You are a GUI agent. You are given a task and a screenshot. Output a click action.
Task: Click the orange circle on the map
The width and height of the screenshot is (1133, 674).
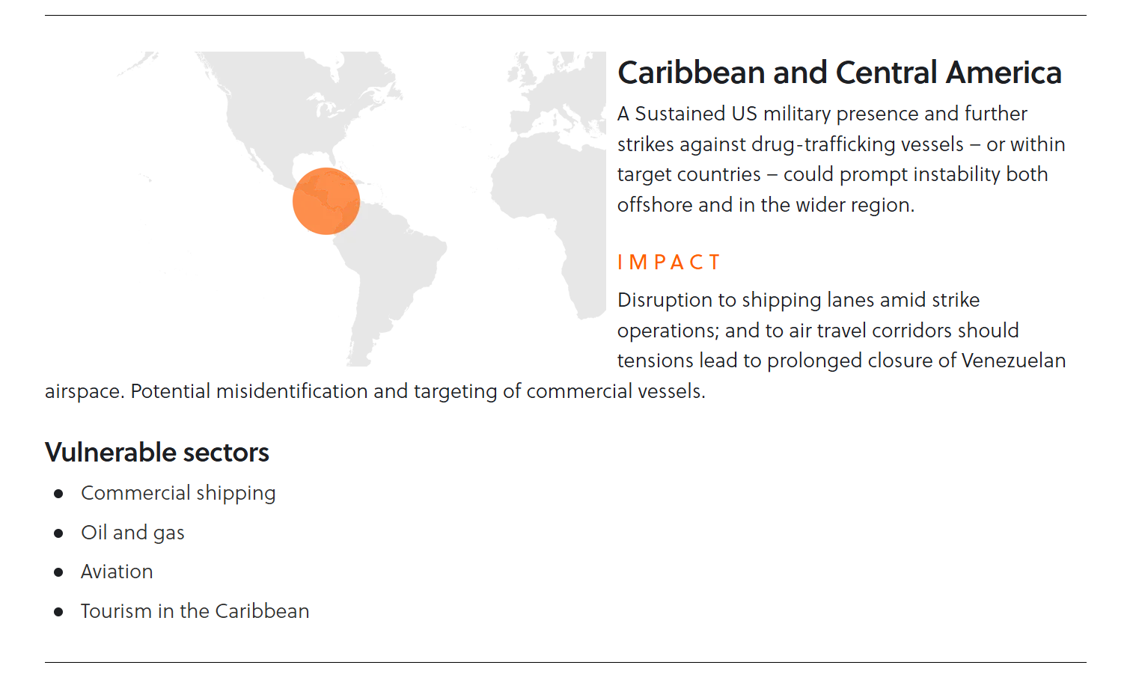pyautogui.click(x=326, y=201)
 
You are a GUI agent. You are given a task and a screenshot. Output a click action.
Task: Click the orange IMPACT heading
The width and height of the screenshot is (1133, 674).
pyautogui.click(x=669, y=263)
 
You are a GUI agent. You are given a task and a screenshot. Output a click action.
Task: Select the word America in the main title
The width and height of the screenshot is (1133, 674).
pyautogui.click(x=1004, y=73)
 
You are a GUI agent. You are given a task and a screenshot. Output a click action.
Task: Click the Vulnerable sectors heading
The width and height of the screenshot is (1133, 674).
pyautogui.click(x=157, y=452)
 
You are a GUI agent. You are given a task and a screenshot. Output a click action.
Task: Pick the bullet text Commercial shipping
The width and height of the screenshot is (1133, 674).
pyautogui.click(x=178, y=494)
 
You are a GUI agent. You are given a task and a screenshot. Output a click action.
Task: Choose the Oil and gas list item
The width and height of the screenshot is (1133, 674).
pyautogui.click(x=132, y=533)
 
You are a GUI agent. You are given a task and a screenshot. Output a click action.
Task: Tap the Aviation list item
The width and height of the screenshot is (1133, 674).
pyautogui.click(x=117, y=572)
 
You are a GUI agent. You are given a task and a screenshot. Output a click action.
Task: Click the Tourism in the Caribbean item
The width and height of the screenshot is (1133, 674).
pyautogui.click(x=195, y=611)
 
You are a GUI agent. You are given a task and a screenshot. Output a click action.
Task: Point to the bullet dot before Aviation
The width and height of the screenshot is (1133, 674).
pyautogui.click(x=58, y=572)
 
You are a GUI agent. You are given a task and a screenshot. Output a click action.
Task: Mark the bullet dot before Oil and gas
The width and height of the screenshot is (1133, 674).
pyautogui.click(x=58, y=533)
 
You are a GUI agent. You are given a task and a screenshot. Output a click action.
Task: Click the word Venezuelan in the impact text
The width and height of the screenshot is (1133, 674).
pyautogui.click(x=1013, y=361)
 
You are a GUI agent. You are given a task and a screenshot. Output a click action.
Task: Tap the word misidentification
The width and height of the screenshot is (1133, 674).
pyautogui.click(x=292, y=391)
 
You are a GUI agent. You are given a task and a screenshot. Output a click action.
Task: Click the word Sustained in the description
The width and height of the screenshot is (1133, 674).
pyautogui.click(x=680, y=114)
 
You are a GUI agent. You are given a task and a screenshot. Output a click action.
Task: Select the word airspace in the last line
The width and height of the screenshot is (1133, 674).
pyautogui.click(x=85, y=392)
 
